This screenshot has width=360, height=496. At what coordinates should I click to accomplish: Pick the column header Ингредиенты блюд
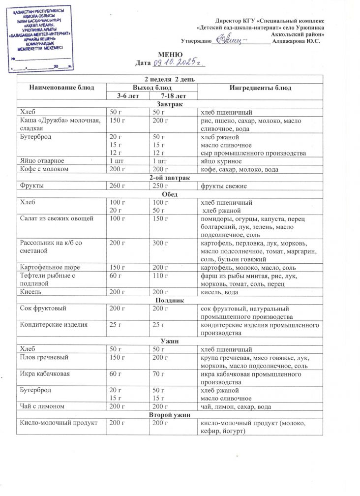[x=260, y=88]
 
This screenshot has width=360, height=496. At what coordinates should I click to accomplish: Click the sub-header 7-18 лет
[x=173, y=95]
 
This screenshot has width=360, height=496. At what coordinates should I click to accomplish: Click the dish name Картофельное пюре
[x=48, y=267]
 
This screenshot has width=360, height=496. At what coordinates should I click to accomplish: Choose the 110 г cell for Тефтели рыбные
[x=160, y=276]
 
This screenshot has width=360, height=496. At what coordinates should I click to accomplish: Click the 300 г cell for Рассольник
[x=160, y=243]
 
